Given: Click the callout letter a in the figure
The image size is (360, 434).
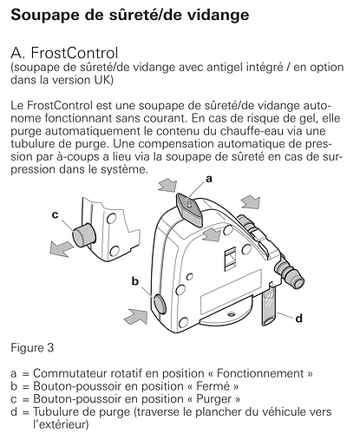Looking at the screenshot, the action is click(x=208, y=180).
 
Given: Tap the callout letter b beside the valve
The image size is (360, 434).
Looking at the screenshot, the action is click(x=135, y=281).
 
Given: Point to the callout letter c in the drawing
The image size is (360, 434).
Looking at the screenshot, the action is click(x=55, y=215).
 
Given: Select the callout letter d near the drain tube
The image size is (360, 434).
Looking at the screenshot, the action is click(x=299, y=319).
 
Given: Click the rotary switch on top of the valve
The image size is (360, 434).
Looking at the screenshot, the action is click(x=189, y=208).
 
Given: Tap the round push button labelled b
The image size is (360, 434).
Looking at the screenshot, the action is click(x=160, y=304).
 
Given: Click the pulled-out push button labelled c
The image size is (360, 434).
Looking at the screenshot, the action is click(x=84, y=234).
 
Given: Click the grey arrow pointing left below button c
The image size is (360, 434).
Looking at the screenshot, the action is click(x=61, y=249).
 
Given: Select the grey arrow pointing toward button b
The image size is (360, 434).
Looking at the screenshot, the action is click(x=136, y=316).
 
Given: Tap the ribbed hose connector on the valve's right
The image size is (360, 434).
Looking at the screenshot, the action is click(x=289, y=273).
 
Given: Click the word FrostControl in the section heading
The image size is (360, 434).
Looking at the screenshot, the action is click(x=75, y=53).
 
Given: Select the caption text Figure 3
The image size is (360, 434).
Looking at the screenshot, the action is click(x=32, y=348).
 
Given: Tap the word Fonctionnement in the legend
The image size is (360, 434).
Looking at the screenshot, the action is click(x=260, y=373).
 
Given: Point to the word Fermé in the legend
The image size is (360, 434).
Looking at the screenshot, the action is click(x=213, y=386).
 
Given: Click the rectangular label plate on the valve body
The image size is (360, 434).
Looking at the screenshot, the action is click(x=232, y=288).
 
